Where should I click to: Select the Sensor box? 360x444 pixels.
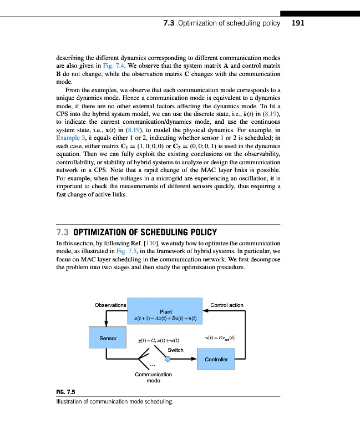[x=108, y=338]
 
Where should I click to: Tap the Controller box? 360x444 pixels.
[x=216, y=359]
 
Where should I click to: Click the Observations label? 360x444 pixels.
[x=110, y=305]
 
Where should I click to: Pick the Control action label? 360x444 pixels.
[x=227, y=305]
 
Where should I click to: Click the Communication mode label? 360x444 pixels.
[x=153, y=377]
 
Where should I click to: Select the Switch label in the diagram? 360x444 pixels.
[x=175, y=350]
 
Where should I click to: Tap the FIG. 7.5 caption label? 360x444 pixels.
[x=65, y=392]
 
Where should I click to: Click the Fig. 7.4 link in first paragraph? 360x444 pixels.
[x=116, y=65]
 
